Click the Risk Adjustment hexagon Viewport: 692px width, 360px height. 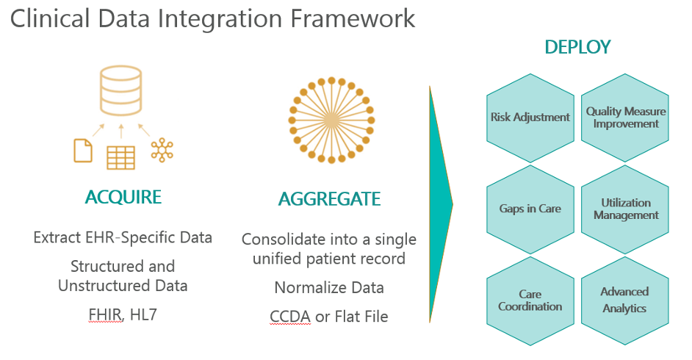(530, 118)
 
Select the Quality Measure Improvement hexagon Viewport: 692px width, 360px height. (625, 118)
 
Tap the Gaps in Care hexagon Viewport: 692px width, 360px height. (530, 209)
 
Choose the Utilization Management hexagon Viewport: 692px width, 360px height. (625, 209)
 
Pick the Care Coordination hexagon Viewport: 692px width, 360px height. (530, 301)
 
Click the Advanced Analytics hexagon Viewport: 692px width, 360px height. (625, 301)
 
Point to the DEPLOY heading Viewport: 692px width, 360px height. (577, 47)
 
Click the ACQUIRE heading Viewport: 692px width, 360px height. (123, 197)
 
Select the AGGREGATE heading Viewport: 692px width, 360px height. (329, 199)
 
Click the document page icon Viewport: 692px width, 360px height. (83, 151)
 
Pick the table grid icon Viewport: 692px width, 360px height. (121, 157)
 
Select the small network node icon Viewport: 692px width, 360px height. (162, 150)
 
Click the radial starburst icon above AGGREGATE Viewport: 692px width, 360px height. (331, 120)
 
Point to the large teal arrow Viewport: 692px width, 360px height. (441, 204)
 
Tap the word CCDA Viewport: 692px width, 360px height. (290, 317)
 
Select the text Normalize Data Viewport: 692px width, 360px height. (329, 288)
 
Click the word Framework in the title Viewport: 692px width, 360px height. (353, 18)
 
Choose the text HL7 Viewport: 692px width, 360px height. (143, 314)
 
